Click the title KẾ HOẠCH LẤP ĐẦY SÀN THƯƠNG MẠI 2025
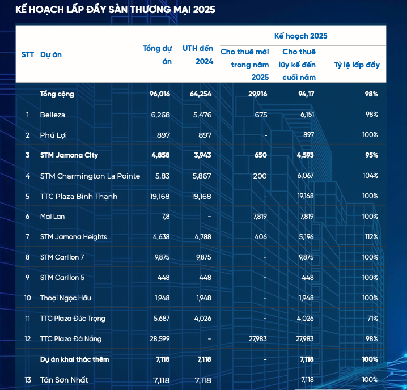coord(115,10)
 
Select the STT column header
coord(28,54)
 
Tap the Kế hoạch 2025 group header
coord(300,36)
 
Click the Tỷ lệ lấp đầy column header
coord(357,65)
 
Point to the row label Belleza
coord(53,115)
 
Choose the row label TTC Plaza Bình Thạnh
coord(79,196)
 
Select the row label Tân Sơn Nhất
coord(64,379)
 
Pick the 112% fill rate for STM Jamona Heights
coord(371,237)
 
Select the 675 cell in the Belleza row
coord(261,115)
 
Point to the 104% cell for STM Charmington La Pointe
coord(371,176)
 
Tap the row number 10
coord(28,298)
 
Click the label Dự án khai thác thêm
coord(74,359)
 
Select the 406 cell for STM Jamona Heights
coord(261,237)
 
